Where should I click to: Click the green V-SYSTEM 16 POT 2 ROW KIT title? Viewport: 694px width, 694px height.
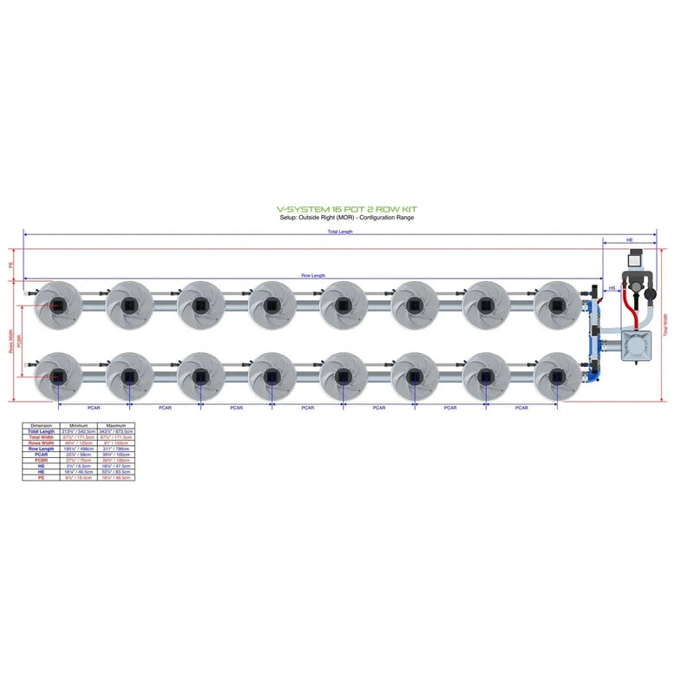[x=346, y=210]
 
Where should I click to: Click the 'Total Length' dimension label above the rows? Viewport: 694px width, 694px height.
[x=340, y=232]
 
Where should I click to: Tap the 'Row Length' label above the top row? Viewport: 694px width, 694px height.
[x=313, y=275]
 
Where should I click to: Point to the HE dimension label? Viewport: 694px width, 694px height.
[x=629, y=239]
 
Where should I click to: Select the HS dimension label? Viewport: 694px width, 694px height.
[x=612, y=287]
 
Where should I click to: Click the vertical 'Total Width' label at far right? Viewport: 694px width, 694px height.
[x=665, y=324]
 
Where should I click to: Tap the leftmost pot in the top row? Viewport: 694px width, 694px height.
[x=57, y=304]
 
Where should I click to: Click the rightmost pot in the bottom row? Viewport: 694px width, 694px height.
[x=556, y=376]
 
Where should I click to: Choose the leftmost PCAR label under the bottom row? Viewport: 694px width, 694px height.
[x=94, y=407]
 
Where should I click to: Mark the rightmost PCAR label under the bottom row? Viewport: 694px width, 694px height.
[x=520, y=407]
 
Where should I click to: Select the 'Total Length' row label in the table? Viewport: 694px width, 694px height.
[x=41, y=431]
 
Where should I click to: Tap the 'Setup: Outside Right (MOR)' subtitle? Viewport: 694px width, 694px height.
[x=346, y=218]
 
